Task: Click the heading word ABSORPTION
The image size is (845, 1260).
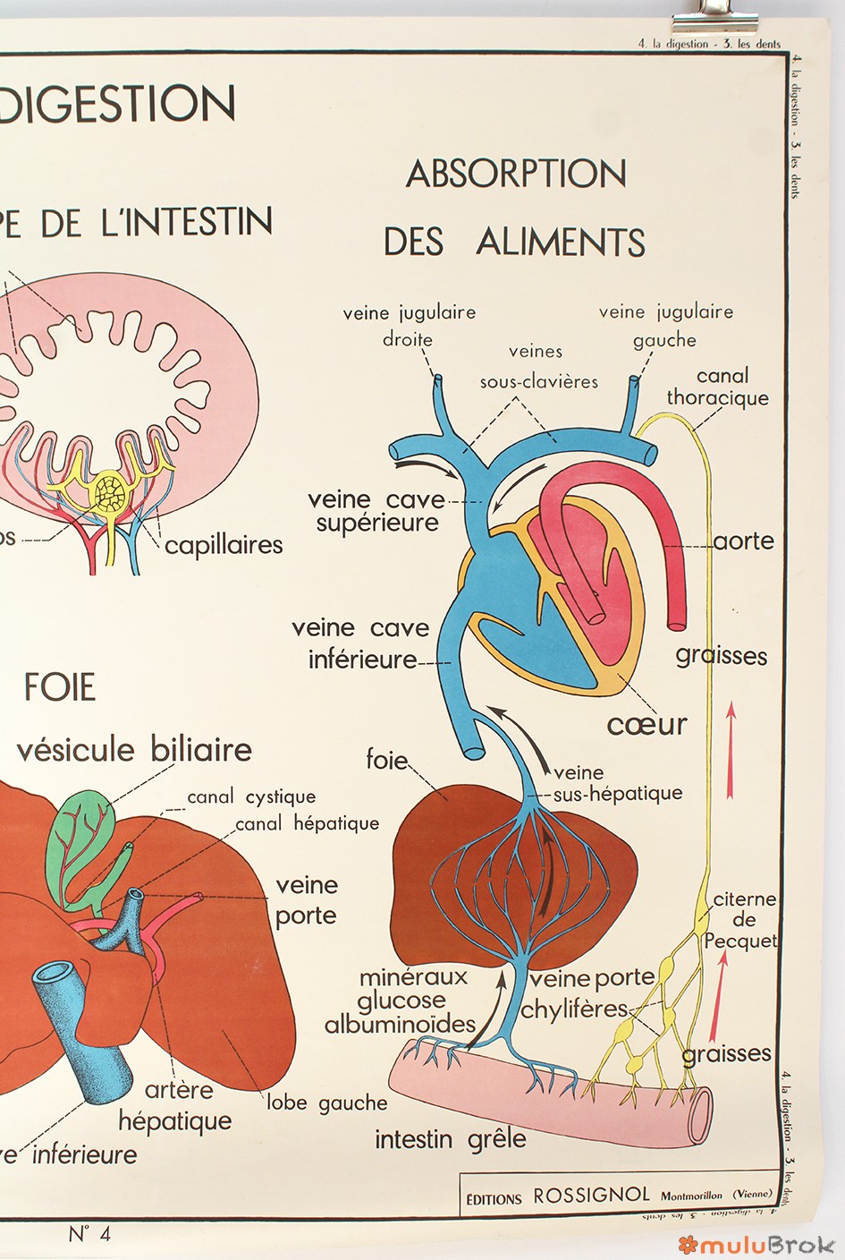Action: (x=516, y=175)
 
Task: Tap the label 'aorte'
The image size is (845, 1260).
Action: (x=744, y=541)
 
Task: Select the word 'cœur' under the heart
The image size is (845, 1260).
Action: (x=646, y=723)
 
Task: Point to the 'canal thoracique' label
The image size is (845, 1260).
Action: (x=718, y=387)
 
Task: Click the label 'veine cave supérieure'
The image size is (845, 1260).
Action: (x=376, y=511)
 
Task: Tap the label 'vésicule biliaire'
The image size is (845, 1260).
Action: (x=134, y=749)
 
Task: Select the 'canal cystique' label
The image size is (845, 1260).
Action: (x=250, y=796)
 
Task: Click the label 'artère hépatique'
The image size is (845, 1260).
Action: (x=176, y=1105)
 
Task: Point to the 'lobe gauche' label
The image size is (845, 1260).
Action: (x=326, y=1102)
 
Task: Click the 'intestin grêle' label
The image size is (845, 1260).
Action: (x=450, y=1139)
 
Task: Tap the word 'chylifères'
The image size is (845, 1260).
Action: (x=574, y=1009)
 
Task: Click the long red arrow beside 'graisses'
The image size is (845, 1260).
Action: (x=731, y=749)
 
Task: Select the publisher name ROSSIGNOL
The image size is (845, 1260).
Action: (x=591, y=1196)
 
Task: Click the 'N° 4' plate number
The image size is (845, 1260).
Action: (x=89, y=1234)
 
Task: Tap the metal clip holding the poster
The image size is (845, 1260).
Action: (x=726, y=18)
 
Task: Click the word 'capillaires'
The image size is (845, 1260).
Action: (x=224, y=544)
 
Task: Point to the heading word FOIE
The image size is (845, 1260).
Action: (x=59, y=687)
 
